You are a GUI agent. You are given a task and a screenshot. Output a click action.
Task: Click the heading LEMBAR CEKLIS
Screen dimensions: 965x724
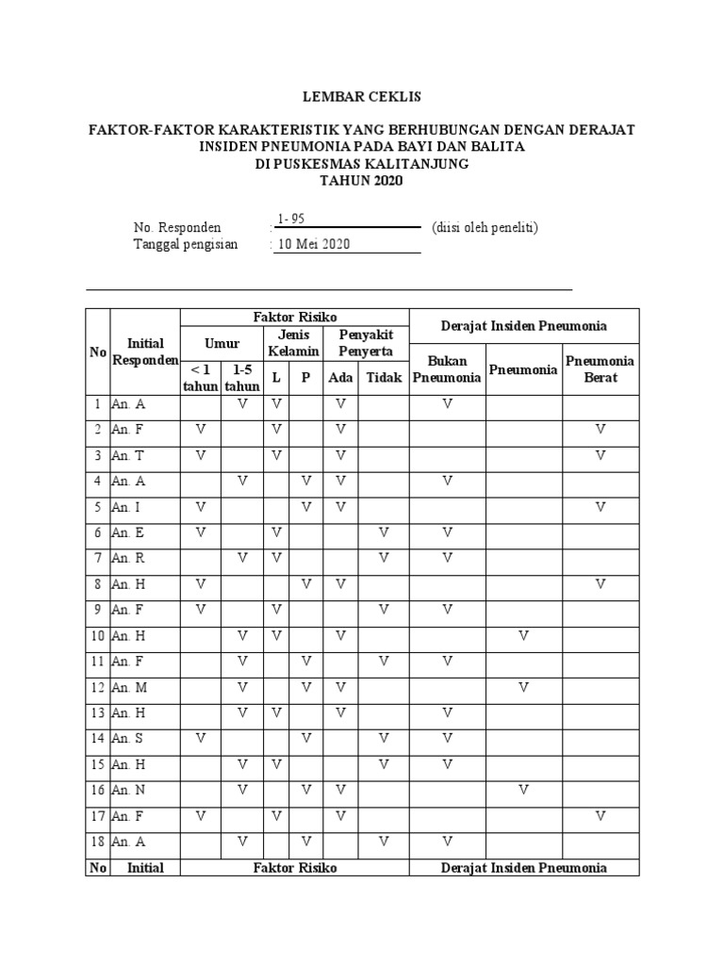click(x=361, y=96)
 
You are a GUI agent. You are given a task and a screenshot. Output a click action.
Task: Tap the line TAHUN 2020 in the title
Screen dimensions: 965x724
click(x=361, y=180)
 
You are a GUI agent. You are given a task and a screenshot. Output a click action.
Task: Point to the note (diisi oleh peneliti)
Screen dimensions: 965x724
click(x=485, y=227)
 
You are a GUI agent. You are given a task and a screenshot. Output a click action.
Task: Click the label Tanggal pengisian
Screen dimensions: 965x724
click(x=186, y=244)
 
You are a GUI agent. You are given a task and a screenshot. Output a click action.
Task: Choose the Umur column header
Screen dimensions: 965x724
click(x=222, y=344)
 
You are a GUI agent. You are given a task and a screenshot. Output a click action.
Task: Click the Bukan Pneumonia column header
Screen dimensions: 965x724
click(x=448, y=369)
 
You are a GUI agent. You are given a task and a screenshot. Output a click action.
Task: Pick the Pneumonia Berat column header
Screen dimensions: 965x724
click(x=600, y=369)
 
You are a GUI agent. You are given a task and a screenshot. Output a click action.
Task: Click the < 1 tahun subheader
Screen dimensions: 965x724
click(x=200, y=378)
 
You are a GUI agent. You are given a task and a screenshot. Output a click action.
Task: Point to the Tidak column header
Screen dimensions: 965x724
click(x=384, y=378)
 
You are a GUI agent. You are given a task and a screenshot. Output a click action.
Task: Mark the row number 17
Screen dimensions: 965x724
click(x=97, y=815)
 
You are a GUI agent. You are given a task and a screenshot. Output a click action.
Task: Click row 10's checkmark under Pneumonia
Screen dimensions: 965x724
click(x=524, y=636)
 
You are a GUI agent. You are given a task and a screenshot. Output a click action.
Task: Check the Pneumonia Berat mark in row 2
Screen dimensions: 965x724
click(x=601, y=430)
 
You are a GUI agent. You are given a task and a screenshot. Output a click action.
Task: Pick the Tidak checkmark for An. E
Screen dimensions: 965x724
click(x=384, y=532)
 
